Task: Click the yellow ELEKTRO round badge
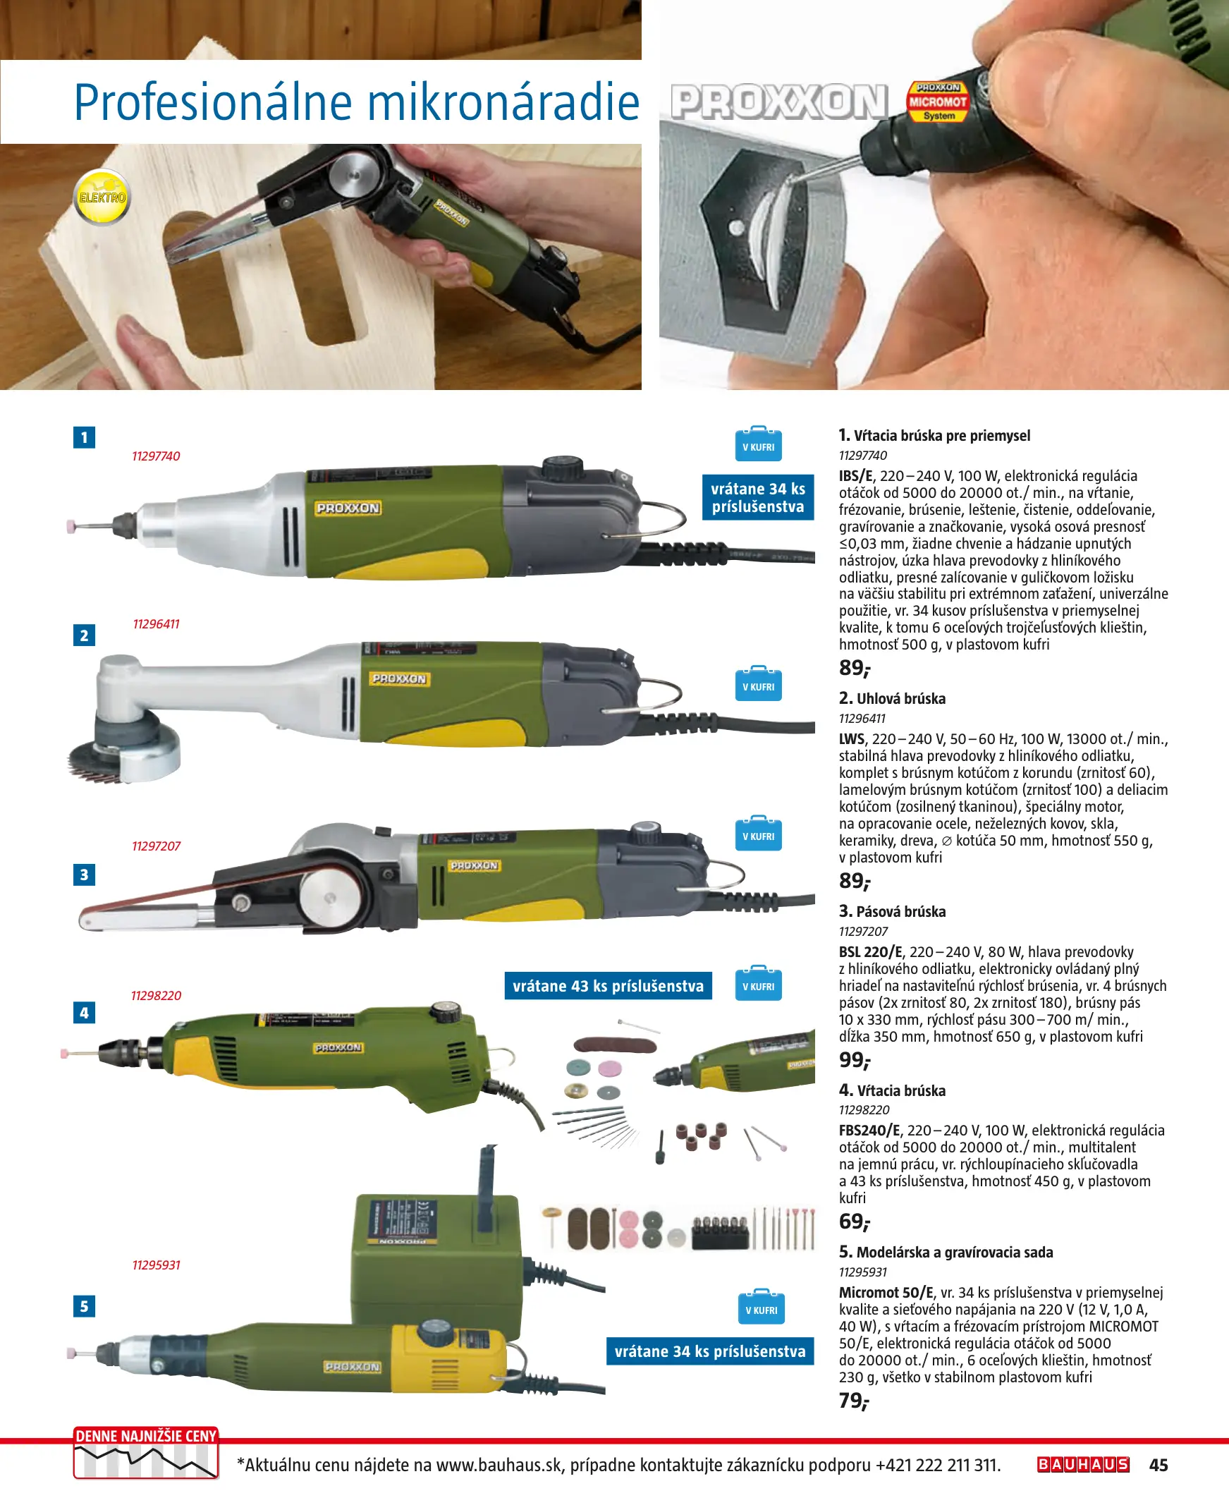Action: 102,197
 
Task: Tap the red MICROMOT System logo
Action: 937,102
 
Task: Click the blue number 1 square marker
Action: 84,437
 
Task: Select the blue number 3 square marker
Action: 84,875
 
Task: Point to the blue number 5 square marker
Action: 84,1306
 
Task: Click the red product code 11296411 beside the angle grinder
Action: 156,623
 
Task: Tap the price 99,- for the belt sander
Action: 855,1060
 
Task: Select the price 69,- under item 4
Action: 855,1222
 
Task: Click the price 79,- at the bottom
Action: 854,1400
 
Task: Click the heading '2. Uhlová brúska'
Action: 892,698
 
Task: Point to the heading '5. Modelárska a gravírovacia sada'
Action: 946,1252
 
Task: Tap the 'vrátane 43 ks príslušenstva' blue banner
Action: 608,985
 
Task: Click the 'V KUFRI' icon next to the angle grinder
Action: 758,683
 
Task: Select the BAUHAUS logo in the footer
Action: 1083,1464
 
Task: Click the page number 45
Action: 1158,1465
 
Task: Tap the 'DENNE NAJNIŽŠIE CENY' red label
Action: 146,1436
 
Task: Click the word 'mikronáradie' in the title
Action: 503,103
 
